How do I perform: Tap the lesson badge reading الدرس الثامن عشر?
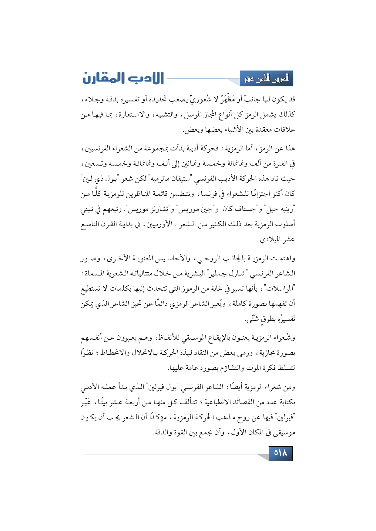tap(267, 79)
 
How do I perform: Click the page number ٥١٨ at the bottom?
tap(280, 453)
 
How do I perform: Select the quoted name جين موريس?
tap(196, 209)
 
